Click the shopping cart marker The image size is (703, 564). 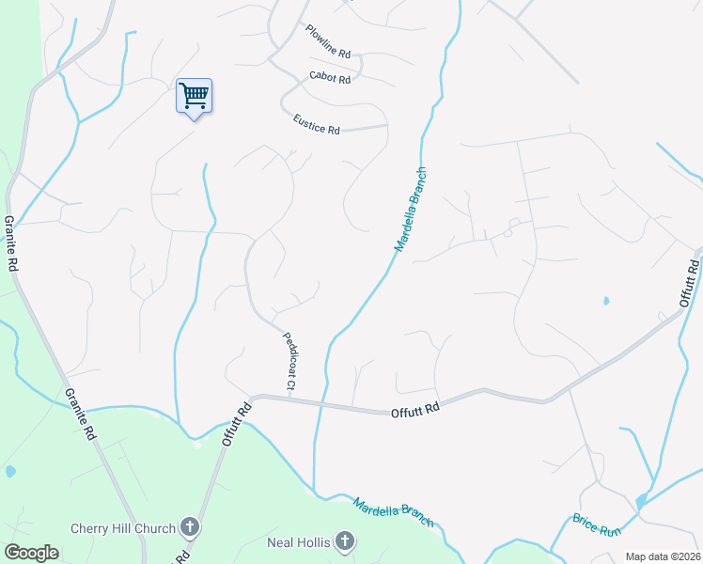(194, 95)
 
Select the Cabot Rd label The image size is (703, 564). (330, 78)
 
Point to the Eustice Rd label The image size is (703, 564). (316, 124)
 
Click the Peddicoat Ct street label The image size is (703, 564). (287, 360)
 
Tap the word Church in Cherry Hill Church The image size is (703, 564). (155, 528)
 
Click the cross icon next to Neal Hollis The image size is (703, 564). (345, 540)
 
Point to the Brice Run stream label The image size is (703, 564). (597, 525)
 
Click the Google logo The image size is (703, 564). (31, 552)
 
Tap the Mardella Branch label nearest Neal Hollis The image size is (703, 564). (394, 511)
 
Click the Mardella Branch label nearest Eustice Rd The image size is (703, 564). (411, 211)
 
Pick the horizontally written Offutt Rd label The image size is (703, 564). (414, 410)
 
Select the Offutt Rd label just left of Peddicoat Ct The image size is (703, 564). (238, 424)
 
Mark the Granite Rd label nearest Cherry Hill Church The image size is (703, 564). (82, 415)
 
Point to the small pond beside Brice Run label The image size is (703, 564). (641, 503)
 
